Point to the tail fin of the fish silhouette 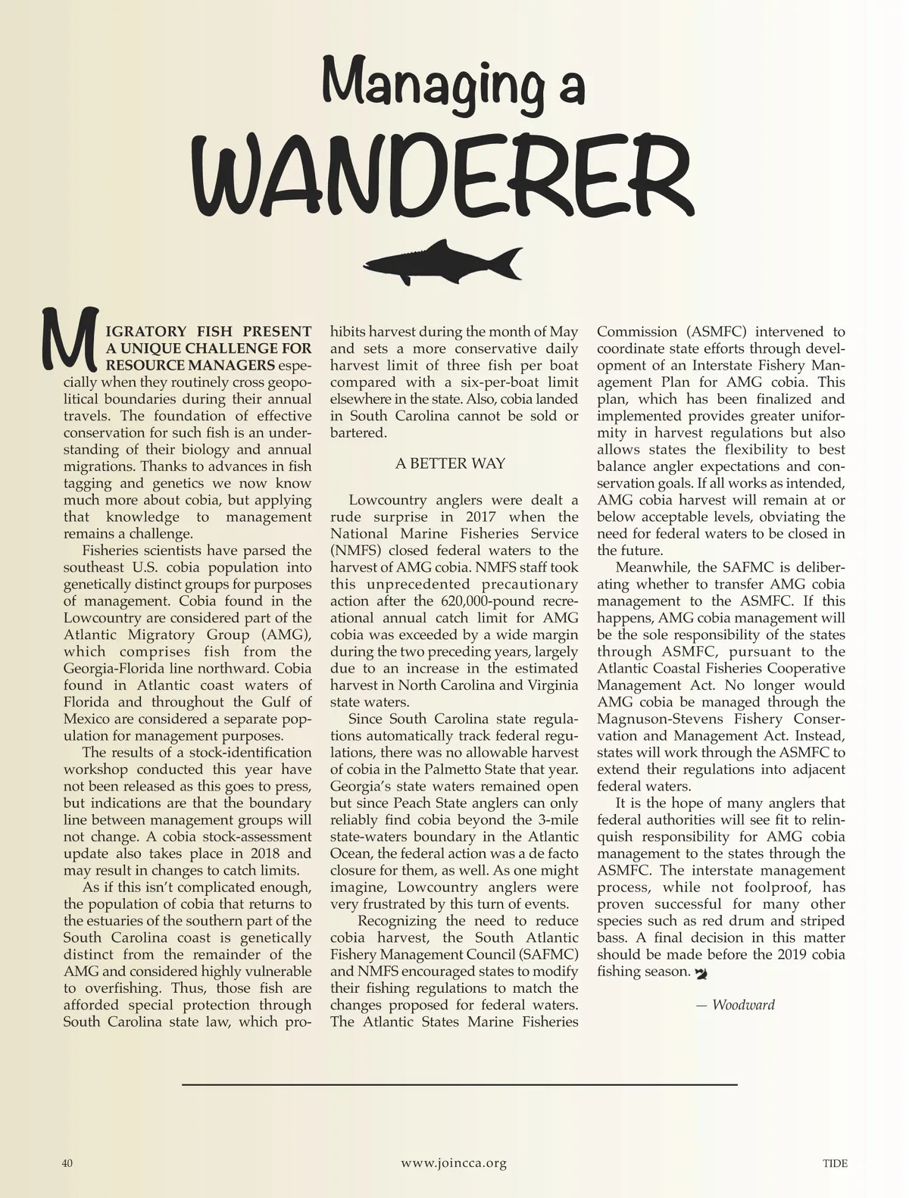[x=508, y=262]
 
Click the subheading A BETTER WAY [x=450, y=463]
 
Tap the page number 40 [x=67, y=1163]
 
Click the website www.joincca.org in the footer [x=454, y=1163]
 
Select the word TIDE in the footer [x=835, y=1163]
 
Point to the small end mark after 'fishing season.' [x=700, y=972]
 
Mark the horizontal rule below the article [x=459, y=1084]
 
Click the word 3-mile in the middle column [x=557, y=820]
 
